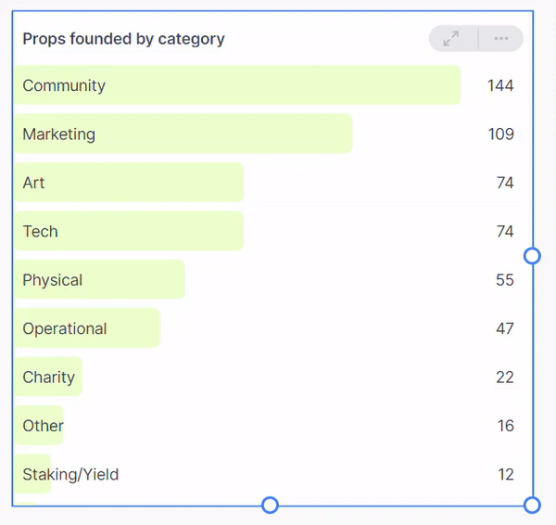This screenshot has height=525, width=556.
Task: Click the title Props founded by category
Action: coord(123,39)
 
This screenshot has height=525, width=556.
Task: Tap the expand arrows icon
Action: coord(451,39)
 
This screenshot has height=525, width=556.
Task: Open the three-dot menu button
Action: coord(501,39)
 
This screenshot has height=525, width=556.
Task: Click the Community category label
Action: coord(64,85)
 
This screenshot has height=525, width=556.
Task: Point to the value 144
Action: coord(500,85)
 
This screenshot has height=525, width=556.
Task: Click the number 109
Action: coord(500,134)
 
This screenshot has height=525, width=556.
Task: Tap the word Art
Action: coord(33,183)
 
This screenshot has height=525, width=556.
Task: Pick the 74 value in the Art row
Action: coord(504,183)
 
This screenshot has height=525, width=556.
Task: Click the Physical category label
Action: coord(53,280)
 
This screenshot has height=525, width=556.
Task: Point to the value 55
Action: coord(504,280)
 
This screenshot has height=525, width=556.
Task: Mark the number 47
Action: coord(504,328)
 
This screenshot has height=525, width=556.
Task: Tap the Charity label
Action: coord(48,378)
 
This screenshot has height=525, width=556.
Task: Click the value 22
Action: coord(504,378)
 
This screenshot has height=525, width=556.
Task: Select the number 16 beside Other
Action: coord(505,426)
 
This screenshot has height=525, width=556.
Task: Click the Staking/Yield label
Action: coord(70,475)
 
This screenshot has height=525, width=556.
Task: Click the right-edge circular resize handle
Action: coord(532,255)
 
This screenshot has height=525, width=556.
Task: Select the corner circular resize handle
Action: coord(532,505)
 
